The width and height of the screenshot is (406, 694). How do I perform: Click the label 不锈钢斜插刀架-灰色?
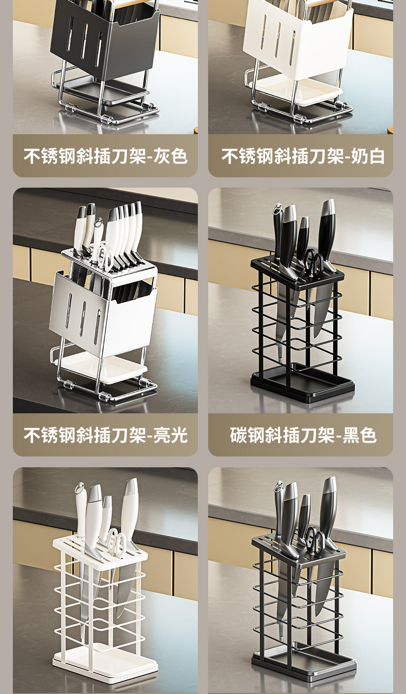click(x=105, y=156)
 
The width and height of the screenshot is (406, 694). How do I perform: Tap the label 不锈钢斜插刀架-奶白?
click(x=303, y=156)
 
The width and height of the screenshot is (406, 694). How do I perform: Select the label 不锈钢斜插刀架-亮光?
click(x=105, y=435)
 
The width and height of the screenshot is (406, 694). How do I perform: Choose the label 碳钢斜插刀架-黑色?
click(x=303, y=435)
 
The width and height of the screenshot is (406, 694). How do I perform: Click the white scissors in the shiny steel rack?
click(x=105, y=258)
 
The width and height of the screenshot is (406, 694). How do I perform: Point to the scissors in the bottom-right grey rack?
click(x=315, y=539)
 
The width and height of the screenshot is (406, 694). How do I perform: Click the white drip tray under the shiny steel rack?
click(x=104, y=369)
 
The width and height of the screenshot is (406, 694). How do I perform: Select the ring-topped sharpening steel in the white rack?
click(x=81, y=511)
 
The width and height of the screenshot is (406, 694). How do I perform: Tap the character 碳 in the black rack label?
click(x=238, y=435)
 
